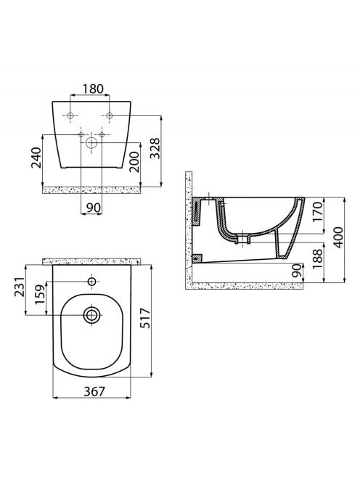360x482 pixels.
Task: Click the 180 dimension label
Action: coord(93,89)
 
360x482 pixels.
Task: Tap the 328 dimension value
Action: coord(155,148)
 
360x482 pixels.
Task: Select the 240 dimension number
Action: coord(36,158)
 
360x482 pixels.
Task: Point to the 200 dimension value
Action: coord(134,162)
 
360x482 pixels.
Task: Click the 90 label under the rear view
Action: coord(93,208)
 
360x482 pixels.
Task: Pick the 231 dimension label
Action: coord(20,287)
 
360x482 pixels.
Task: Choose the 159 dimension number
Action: coord(40,294)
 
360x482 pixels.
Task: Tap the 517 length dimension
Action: coord(145,318)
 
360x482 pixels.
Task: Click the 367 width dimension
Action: coord(94,391)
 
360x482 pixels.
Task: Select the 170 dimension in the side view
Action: coord(318,212)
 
